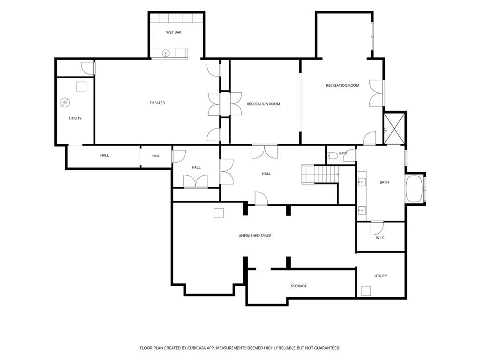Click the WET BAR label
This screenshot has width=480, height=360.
(x=173, y=32)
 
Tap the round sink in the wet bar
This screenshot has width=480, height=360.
(x=165, y=53)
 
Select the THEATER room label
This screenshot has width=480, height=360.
(x=157, y=103)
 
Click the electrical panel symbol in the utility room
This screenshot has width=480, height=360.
(x=65, y=103)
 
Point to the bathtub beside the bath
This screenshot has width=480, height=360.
(x=414, y=188)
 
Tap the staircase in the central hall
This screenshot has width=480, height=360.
(x=320, y=174)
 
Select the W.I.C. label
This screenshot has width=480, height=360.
(x=381, y=238)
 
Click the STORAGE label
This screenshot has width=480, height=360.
(x=299, y=286)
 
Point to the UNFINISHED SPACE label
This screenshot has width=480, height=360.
(x=255, y=236)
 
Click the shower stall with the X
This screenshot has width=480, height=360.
(x=394, y=128)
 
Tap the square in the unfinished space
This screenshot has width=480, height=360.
(x=218, y=213)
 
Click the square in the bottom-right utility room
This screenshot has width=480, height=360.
(x=366, y=291)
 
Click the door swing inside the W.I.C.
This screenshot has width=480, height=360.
(x=377, y=228)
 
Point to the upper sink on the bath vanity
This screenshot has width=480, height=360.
(x=361, y=182)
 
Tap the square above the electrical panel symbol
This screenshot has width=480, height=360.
(x=82, y=87)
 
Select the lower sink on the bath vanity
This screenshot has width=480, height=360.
(x=361, y=210)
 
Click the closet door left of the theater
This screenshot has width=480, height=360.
(x=88, y=68)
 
